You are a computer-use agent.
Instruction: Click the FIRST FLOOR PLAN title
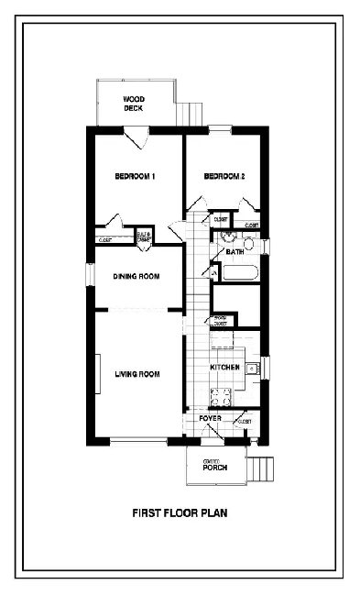tap(180, 513)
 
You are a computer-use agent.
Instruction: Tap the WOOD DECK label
tap(135, 104)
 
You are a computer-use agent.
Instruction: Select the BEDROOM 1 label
tap(135, 176)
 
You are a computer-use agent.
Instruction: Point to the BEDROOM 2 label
tap(224, 176)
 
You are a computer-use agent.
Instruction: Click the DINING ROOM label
tap(136, 276)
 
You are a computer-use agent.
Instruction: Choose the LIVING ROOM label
tap(137, 373)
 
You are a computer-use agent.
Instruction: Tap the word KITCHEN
tap(224, 368)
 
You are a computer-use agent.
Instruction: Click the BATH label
tap(235, 251)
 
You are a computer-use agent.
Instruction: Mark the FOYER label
tap(211, 418)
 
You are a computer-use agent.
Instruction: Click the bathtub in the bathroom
tap(240, 272)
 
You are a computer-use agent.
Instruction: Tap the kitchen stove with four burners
tap(221, 396)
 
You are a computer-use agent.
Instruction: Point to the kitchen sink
tap(256, 369)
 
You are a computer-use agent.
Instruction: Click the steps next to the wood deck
tap(191, 112)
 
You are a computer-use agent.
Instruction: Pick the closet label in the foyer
tap(244, 422)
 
